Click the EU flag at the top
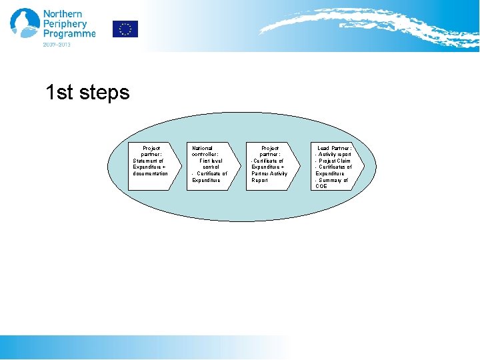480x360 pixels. pos(125,29)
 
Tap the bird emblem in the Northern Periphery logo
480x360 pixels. pos(24,25)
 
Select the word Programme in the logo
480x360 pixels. pos(69,34)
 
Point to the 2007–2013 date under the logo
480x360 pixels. pos(57,45)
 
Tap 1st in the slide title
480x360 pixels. pos(59,93)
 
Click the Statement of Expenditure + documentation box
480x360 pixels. pos(153,166)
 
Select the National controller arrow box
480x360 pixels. pos(211,166)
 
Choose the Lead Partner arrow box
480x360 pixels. pos(336,166)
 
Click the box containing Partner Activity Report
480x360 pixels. pos(270,166)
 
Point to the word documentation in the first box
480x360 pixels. pos(151,173)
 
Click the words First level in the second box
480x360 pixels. pos(211,161)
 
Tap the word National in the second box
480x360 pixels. pos(202,148)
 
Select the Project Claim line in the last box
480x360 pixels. pos(334,161)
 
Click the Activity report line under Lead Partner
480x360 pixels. pos(334,154)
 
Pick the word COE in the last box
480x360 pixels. pos(321,186)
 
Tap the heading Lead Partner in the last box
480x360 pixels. pos(333,148)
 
